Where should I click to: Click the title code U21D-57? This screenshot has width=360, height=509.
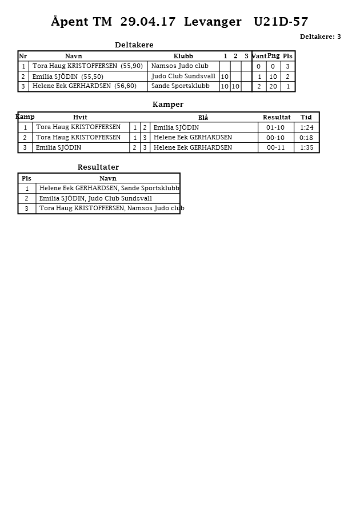pos(281,22)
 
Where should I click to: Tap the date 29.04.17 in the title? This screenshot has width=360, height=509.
pos(148,22)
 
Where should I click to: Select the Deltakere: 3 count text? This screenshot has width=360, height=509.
pos(320,37)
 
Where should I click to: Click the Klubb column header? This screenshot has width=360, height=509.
pos(183,56)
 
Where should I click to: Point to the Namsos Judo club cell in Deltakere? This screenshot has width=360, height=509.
pos(179,66)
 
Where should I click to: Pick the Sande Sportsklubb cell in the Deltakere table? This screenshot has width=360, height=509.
pos(180,86)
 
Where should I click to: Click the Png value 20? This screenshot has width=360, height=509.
pos(273,86)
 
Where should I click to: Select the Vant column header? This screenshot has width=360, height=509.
pos(259,56)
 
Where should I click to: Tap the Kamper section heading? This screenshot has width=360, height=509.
pos(168,105)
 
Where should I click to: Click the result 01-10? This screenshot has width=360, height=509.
pos(275,127)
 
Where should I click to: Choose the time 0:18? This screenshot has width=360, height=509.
pos(306,138)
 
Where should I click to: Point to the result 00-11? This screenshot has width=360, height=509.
pos(275,147)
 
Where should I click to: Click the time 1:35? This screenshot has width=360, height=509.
pos(306,147)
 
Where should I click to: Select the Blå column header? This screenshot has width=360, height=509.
pos(203,118)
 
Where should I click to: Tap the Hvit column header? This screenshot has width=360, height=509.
pos(80,117)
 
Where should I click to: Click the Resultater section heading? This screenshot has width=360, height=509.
pos(98,167)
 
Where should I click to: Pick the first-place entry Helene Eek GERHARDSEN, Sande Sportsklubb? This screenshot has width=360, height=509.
pos(109,188)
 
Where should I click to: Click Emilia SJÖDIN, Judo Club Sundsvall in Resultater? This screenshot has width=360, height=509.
pos(95,198)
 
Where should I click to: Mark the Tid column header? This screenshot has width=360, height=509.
pos(306,117)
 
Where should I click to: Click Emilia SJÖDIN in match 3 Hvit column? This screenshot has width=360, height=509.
pos(58,147)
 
